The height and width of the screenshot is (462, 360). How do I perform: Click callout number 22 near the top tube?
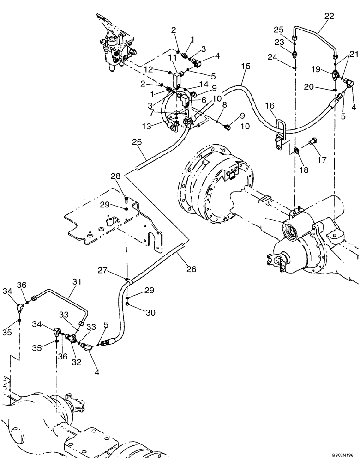click(329, 16)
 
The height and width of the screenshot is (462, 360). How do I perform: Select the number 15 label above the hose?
click(246, 66)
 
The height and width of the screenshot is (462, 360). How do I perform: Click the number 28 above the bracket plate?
click(115, 176)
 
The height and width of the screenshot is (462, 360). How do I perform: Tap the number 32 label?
click(76, 363)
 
